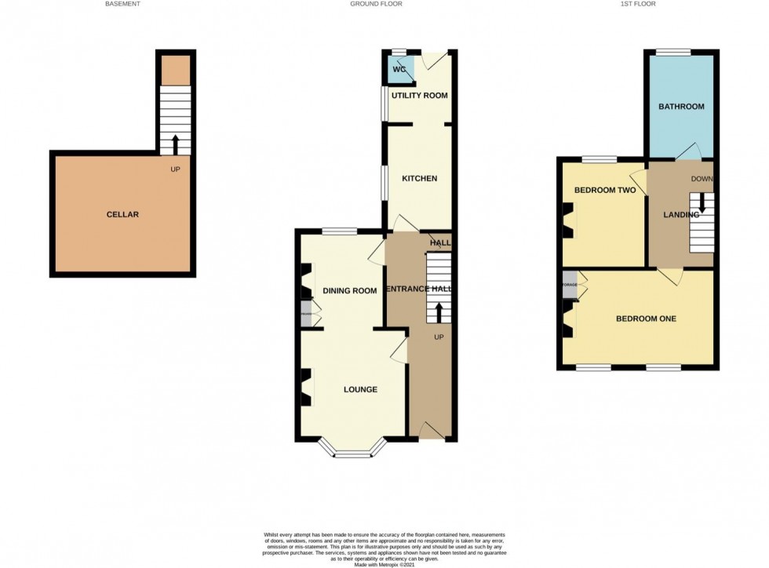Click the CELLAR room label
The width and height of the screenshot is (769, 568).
coord(122,214)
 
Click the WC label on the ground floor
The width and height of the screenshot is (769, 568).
coord(399,69)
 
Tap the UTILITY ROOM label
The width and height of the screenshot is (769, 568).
coord(419,96)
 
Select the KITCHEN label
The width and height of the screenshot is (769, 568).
coord(419,178)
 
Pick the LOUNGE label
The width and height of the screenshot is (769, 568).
coord(360,389)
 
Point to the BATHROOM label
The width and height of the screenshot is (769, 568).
coord(680,106)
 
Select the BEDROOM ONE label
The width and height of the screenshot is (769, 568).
coord(646,319)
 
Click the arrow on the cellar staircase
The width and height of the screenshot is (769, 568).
coord(174,144)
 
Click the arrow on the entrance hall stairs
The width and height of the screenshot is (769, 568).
coord(438,313)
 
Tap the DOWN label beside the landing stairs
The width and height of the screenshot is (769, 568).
coord(702,178)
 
